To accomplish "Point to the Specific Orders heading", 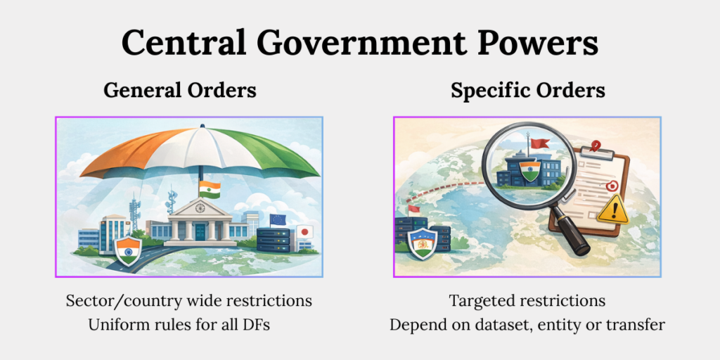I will tap(528, 91).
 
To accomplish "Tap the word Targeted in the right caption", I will tap(482, 301).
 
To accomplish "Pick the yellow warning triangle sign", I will tap(611, 210).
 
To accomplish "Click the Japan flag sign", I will tap(305, 231).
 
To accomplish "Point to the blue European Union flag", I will tap(278, 219).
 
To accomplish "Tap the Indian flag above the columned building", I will tap(210, 188).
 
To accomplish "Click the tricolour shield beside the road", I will tap(127, 250).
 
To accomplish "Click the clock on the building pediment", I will tap(200, 208).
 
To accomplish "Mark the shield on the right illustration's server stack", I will tap(422, 243).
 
